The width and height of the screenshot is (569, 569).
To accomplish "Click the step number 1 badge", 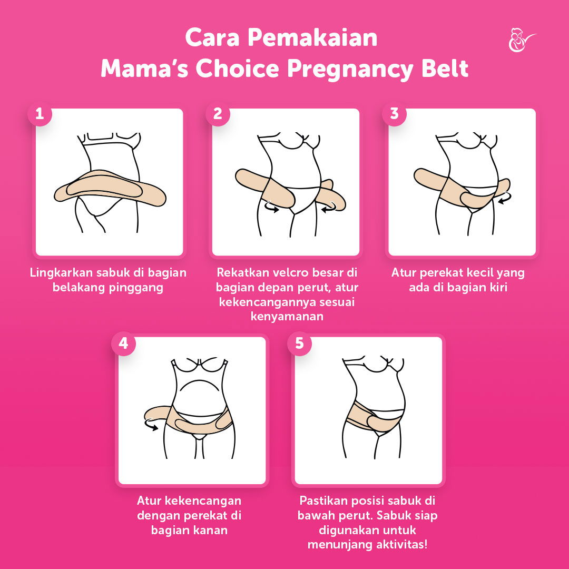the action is click(40, 114).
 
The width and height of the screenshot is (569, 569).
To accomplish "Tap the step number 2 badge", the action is click(218, 114).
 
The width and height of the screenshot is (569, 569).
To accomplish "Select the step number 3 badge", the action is click(395, 114).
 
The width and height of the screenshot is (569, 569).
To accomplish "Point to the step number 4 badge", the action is click(124, 344).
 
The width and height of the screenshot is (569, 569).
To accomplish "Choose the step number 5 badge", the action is click(299, 344).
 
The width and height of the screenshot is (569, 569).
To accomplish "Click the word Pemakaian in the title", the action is click(312, 37).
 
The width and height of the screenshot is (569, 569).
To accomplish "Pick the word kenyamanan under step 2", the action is click(287, 317).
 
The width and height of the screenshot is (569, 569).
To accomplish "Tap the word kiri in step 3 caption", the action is click(498, 288).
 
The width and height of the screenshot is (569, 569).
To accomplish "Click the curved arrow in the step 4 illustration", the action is click(151, 425).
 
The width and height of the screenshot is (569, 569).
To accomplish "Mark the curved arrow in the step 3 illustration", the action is click(505, 198).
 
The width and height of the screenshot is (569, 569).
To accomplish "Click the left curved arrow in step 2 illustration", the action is click(271, 207).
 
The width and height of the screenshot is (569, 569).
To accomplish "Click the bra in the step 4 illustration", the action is click(199, 365).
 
